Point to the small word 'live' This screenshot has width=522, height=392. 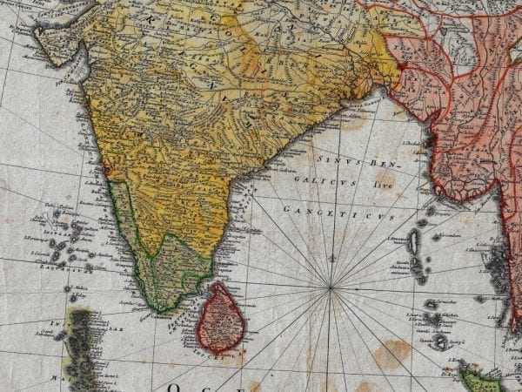358,186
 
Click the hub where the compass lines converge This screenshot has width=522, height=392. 331,287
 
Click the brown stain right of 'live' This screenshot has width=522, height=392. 385,180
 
